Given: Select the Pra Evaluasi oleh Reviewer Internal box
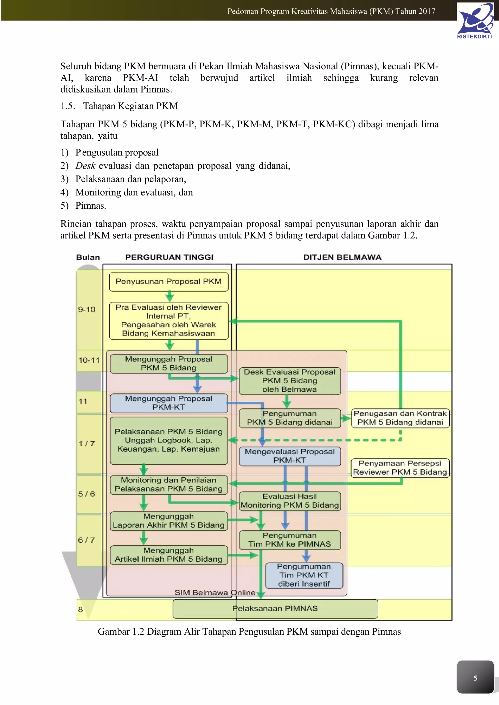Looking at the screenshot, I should (x=169, y=320).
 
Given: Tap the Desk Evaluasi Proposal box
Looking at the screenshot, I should (x=290, y=381).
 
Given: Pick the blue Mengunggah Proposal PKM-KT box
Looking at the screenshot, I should (x=169, y=403).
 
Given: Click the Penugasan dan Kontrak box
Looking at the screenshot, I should (x=400, y=418).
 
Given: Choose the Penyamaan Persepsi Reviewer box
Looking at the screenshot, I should (x=400, y=468).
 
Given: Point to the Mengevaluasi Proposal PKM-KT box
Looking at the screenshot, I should (x=290, y=456).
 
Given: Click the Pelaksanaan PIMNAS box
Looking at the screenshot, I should (x=275, y=609).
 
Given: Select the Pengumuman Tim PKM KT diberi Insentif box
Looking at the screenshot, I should (x=304, y=575).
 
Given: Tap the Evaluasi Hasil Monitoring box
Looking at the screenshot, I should (x=290, y=501).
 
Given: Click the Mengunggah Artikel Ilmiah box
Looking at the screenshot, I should (x=169, y=555).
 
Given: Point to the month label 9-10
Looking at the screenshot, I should (x=87, y=309).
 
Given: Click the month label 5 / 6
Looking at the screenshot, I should (x=86, y=494).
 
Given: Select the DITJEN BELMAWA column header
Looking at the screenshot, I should (x=342, y=257).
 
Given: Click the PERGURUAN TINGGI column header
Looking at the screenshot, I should (x=169, y=257).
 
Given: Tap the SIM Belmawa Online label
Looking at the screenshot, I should (x=215, y=593).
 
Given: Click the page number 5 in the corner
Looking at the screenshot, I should (x=475, y=678).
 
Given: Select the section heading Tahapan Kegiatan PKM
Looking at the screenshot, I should (x=130, y=106).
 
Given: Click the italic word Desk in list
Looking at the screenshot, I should (x=86, y=166).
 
